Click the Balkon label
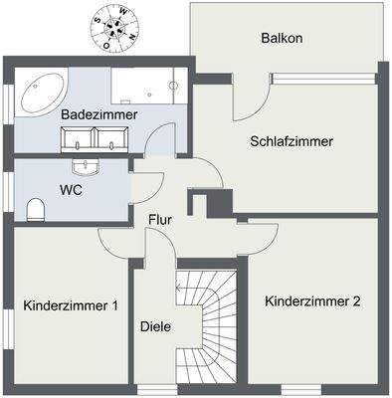tap(282, 39)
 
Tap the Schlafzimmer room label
tap(291, 141)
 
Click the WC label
tap(71, 187)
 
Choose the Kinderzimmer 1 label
tap(71, 305)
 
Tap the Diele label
tap(154, 325)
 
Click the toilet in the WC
tap(36, 208)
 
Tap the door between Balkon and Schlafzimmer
tap(252, 96)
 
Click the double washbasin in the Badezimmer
tap(98, 141)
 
